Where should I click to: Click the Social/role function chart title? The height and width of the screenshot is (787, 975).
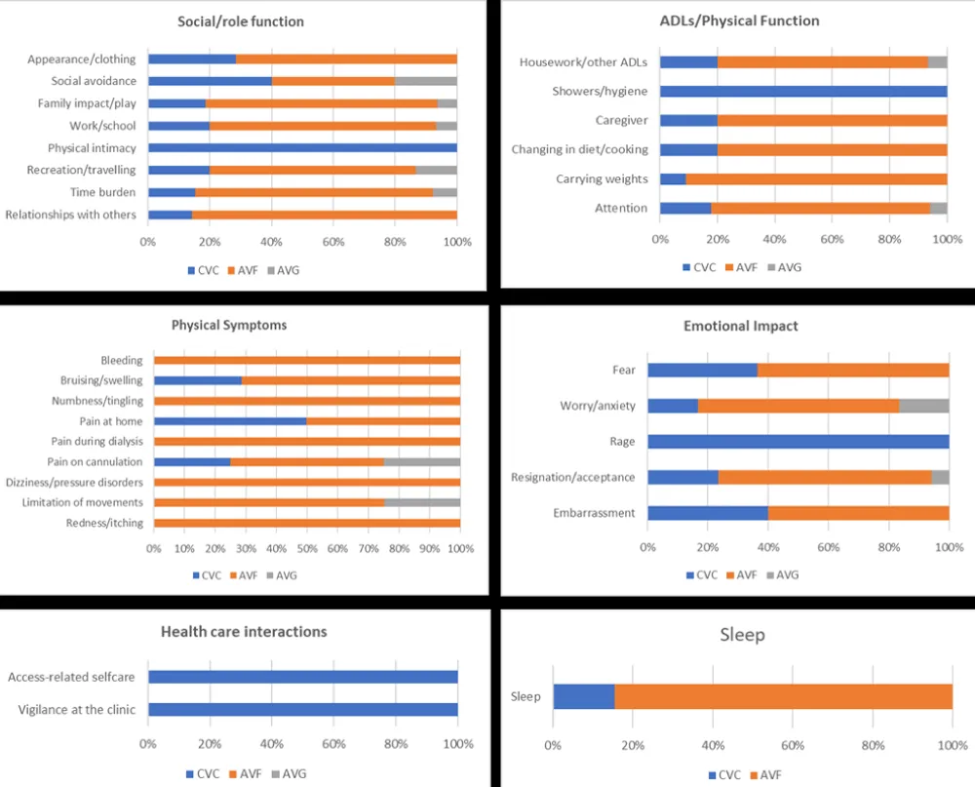pyautogui.click(x=241, y=21)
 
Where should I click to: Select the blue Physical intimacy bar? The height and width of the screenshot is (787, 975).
pyautogui.click(x=302, y=148)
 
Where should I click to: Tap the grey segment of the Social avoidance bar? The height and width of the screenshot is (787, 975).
pyautogui.click(x=425, y=81)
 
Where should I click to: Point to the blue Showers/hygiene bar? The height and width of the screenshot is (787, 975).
pyautogui.click(x=803, y=92)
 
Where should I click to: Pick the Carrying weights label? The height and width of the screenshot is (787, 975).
pyautogui.click(x=602, y=178)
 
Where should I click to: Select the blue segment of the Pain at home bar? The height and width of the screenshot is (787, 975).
pyautogui.click(x=230, y=421)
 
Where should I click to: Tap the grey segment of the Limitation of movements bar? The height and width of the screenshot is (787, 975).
pyautogui.click(x=422, y=502)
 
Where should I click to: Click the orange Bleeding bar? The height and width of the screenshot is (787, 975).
pyautogui.click(x=307, y=361)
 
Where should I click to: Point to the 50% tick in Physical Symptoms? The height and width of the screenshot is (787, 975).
pyautogui.click(x=307, y=548)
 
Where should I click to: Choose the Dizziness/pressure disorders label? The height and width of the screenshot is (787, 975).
pyautogui.click(x=74, y=483)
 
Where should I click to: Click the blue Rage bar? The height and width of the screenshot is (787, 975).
pyautogui.click(x=798, y=441)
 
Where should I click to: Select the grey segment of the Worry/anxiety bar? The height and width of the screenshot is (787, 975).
pyautogui.click(x=923, y=406)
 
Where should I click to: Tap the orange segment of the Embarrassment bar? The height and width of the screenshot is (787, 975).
pyautogui.click(x=858, y=513)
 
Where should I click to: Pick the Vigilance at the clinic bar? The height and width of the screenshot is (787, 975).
pyautogui.click(x=302, y=710)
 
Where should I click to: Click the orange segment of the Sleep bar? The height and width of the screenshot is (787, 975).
pyautogui.click(x=783, y=696)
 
